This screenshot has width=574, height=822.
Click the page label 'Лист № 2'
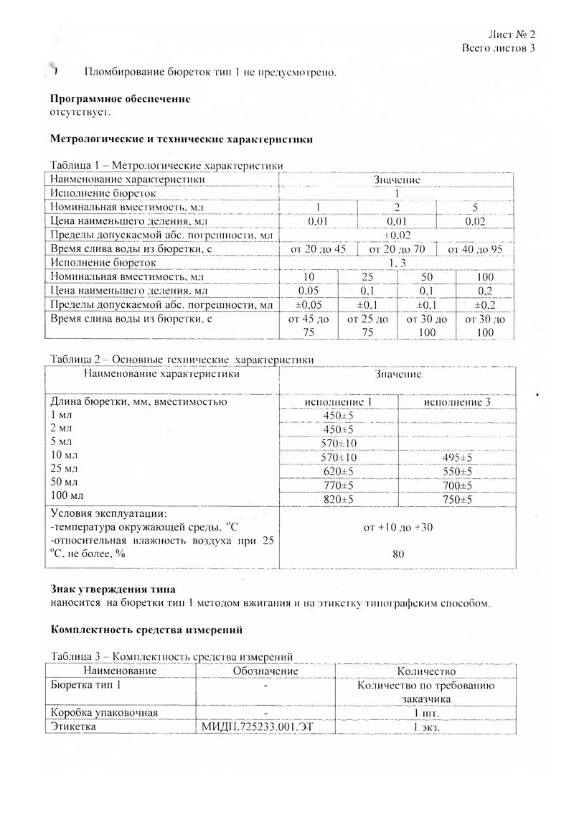(512, 34)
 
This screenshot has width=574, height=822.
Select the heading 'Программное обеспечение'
(121, 101)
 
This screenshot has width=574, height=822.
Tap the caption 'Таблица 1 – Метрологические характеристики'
(166, 165)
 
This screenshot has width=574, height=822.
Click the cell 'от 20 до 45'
(318, 248)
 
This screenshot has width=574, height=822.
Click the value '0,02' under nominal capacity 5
(475, 221)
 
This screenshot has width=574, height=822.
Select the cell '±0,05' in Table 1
(308, 304)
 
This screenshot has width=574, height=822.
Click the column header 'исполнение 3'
(457, 402)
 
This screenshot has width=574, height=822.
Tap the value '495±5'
(457, 457)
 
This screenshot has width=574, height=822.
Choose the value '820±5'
(338, 500)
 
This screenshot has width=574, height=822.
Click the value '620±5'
(338, 472)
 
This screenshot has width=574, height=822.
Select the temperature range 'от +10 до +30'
(398, 527)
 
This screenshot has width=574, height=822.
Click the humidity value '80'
(398, 554)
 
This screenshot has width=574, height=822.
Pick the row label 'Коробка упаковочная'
(103, 713)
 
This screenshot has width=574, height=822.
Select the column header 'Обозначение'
(265, 670)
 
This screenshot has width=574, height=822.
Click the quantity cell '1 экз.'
(426, 727)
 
